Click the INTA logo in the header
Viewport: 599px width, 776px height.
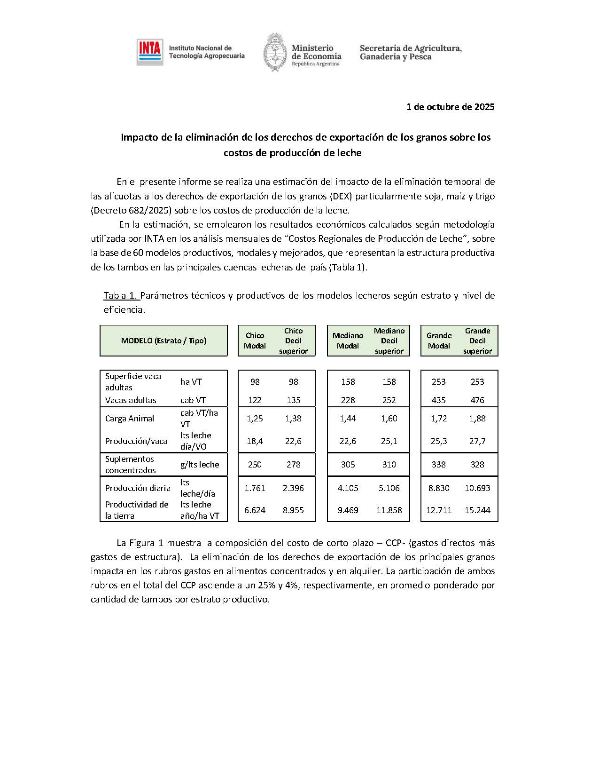[x=150, y=52]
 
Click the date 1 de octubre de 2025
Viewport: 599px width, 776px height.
[x=450, y=107]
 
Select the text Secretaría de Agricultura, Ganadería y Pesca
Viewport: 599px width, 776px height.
[x=410, y=52]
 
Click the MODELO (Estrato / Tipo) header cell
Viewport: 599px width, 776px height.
[x=163, y=340]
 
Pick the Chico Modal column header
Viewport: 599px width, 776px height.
[x=255, y=340]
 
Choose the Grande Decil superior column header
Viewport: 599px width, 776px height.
[x=477, y=340]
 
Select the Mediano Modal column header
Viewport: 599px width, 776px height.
[x=348, y=340]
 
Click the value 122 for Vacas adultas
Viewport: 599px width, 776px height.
[x=255, y=400]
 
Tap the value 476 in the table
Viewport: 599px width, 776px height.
[x=477, y=400]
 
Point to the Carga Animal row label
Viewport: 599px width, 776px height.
[x=130, y=419]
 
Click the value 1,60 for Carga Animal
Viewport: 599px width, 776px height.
[x=389, y=419]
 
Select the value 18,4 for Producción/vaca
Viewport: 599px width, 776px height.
[x=255, y=441]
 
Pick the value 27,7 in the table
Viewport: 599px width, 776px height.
[x=477, y=441]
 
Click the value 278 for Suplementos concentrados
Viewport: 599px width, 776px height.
[x=293, y=465]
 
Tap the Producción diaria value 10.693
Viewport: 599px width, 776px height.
[x=477, y=488]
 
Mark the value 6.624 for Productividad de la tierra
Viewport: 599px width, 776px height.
[x=255, y=510]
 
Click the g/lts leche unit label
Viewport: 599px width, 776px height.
[x=200, y=465]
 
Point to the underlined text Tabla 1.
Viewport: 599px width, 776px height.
[x=121, y=296]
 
